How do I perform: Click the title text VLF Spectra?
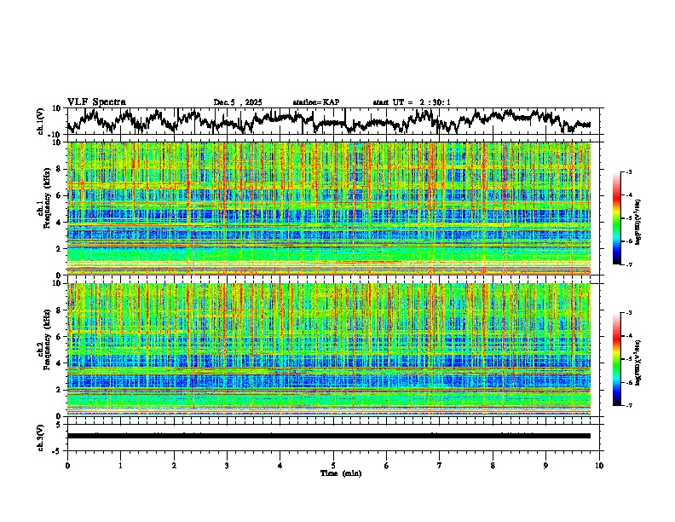pos(96,101)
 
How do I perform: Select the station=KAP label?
pos(315,102)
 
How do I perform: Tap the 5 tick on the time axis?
pos(333,465)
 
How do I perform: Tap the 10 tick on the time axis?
pos(599,465)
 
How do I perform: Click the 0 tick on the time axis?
pos(67,465)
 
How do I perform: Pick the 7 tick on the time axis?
pos(440,465)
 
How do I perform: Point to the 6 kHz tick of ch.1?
pos(59,195)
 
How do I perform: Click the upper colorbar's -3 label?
pos(627,172)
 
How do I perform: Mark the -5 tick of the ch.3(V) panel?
pos(57,449)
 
